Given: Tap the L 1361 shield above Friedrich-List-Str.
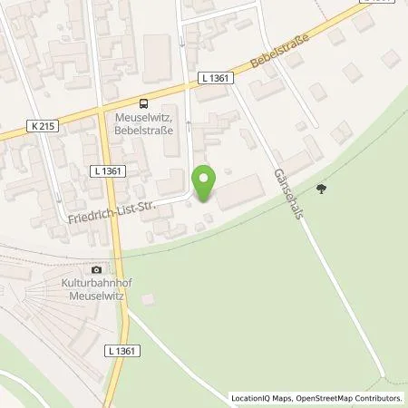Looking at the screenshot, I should [108, 170].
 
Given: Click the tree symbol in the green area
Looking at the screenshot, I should [320, 189].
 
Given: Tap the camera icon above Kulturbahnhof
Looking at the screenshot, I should [97, 269].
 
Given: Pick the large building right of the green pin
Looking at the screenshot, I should [240, 191].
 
